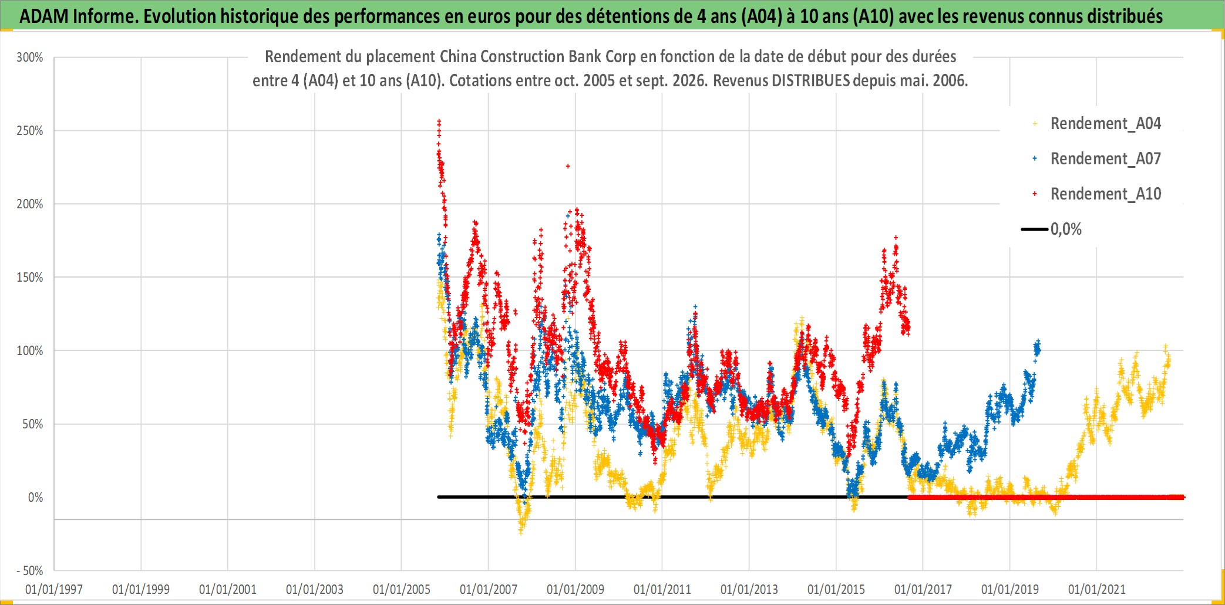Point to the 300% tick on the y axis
[x=30, y=58]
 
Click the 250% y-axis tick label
[x=30, y=131]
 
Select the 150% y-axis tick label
[x=30, y=278]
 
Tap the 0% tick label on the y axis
[x=36, y=498]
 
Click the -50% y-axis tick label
[x=30, y=571]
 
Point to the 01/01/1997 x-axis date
[x=54, y=589]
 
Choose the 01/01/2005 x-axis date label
[x=402, y=589]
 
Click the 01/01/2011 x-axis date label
[x=662, y=589]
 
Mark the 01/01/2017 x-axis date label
[x=923, y=589]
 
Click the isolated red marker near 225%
[x=568, y=166]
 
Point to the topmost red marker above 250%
[x=439, y=121]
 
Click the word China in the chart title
[x=456, y=56]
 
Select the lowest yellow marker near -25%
[x=520, y=532]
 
